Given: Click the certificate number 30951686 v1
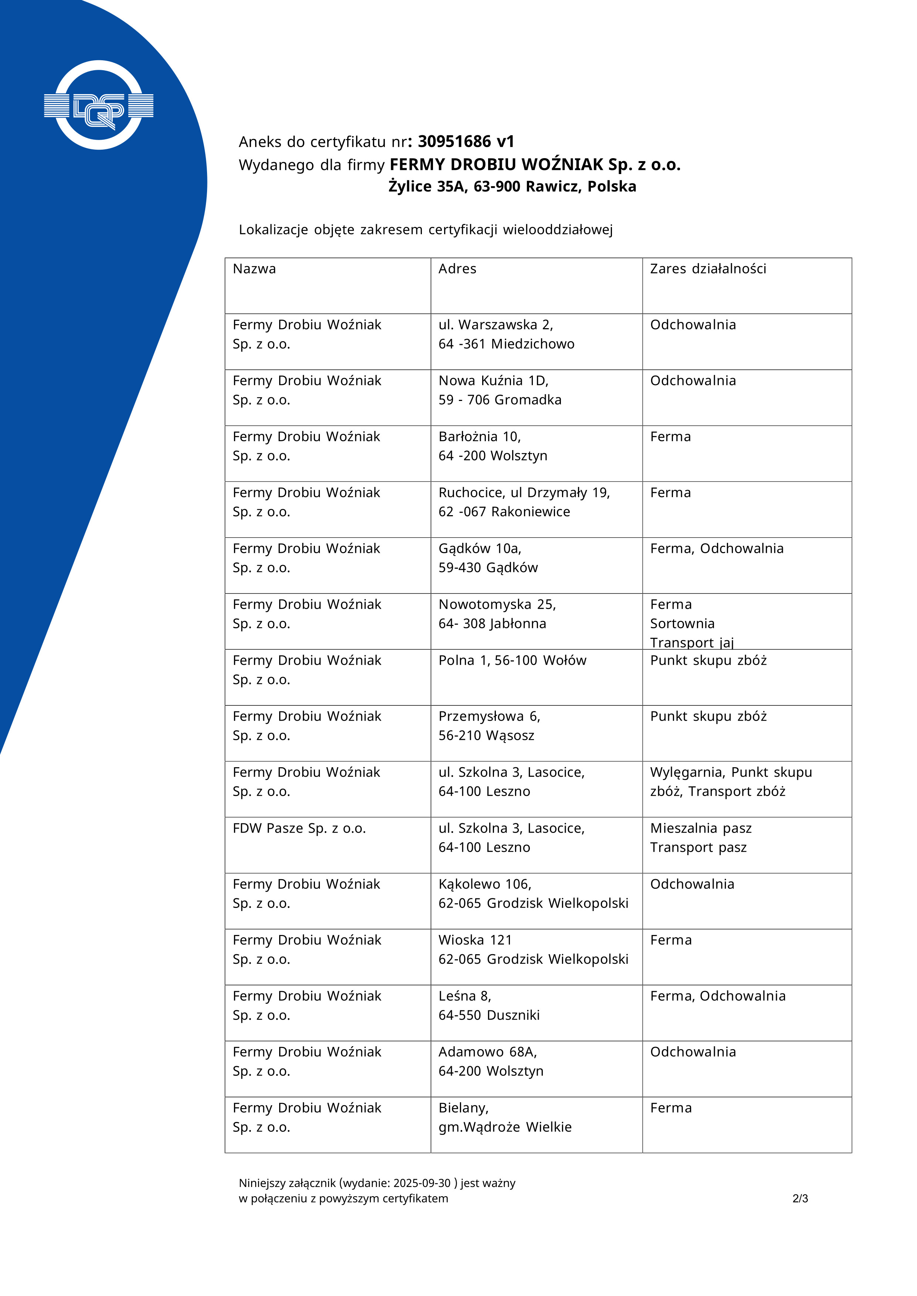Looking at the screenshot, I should click(x=466, y=141).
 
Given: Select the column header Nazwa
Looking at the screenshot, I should click(x=254, y=269).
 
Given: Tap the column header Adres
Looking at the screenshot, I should click(x=457, y=269).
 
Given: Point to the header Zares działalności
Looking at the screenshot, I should click(x=708, y=269).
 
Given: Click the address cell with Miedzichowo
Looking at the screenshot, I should click(x=507, y=334).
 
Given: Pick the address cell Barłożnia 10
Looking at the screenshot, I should click(x=493, y=446).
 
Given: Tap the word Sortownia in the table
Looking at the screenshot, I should click(x=682, y=624).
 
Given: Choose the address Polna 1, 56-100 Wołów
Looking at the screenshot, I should click(x=512, y=660).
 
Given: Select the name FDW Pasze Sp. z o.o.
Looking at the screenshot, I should click(x=299, y=828).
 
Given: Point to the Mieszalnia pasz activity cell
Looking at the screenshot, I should click(x=701, y=828).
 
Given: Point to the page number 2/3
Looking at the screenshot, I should click(x=800, y=1198).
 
